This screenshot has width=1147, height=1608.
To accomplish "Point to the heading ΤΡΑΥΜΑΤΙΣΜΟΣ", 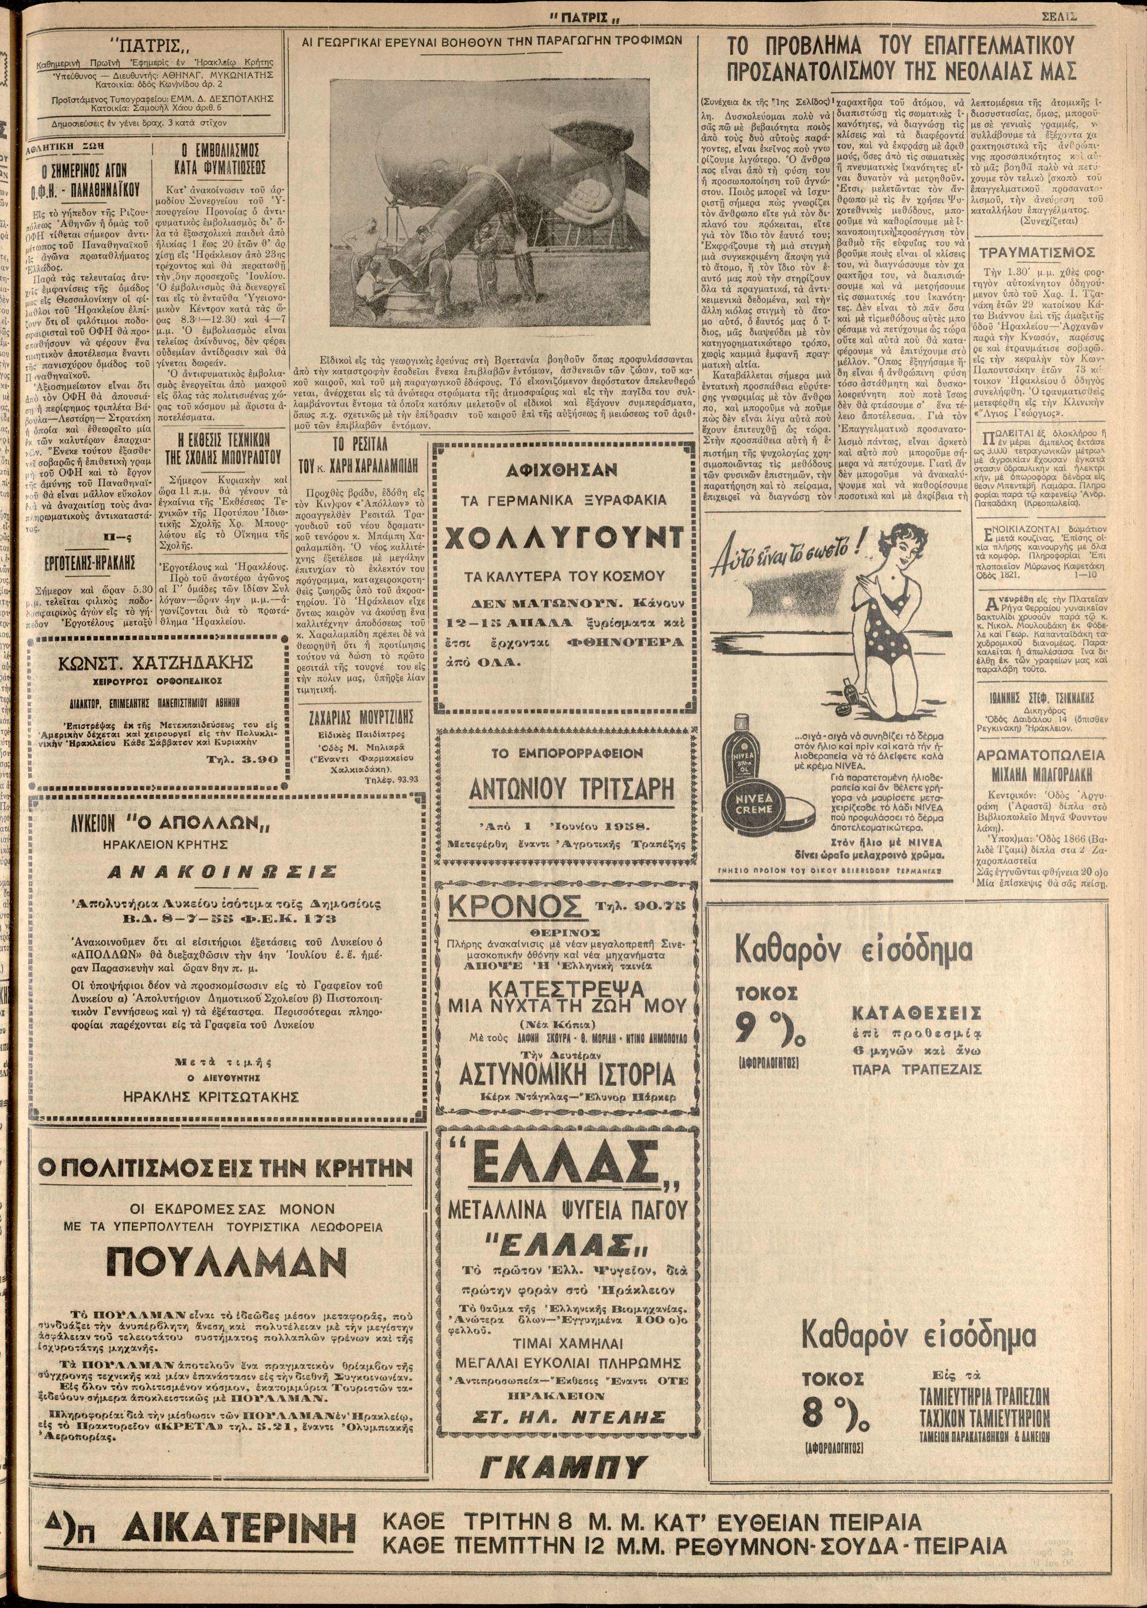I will [1037, 252].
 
